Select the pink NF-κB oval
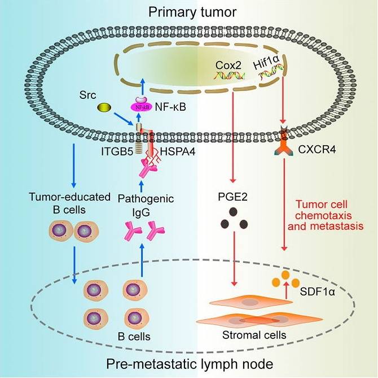point(144,106)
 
